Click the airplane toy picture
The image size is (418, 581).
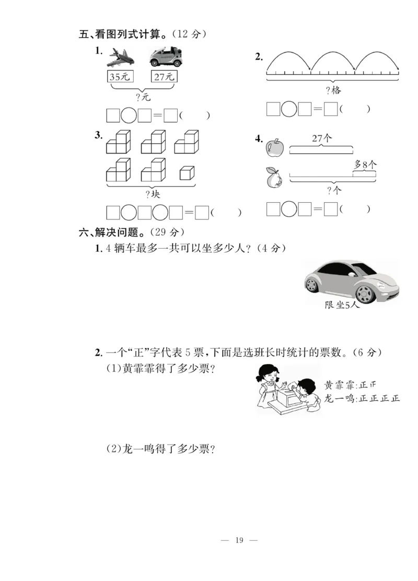pyautogui.click(x=120, y=57)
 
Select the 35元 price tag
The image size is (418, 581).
pyautogui.click(x=120, y=77)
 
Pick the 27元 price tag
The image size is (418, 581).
pyautogui.click(x=165, y=77)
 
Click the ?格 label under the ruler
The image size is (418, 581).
pyautogui.click(x=333, y=90)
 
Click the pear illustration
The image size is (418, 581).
pyautogui.click(x=273, y=179)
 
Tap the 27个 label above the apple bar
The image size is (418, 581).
pyautogui.click(x=322, y=138)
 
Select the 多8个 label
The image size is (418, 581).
pyautogui.click(x=365, y=164)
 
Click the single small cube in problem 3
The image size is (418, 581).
pyautogui.click(x=187, y=173)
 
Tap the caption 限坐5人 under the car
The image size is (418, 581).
pyautogui.click(x=342, y=305)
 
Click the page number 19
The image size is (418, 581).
pyautogui.click(x=240, y=540)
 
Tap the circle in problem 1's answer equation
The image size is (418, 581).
pyautogui.click(x=129, y=115)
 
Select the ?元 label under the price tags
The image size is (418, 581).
pyautogui.click(x=143, y=97)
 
